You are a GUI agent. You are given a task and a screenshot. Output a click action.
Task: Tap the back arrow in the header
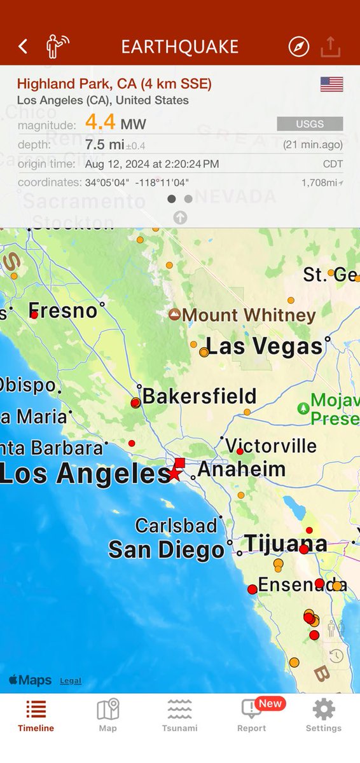coord(23,46)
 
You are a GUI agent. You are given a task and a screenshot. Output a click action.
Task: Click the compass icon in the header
coord(298,46)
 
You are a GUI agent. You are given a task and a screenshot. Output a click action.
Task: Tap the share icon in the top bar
coord(331,46)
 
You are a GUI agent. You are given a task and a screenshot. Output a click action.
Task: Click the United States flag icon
coord(331,85)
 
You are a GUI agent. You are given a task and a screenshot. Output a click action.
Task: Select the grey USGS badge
coord(310,123)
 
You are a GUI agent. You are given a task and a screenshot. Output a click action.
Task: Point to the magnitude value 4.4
coord(100,122)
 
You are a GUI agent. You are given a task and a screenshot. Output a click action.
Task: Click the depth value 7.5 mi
coord(104,144)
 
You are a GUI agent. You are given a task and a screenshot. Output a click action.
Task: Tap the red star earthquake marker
coord(174,473)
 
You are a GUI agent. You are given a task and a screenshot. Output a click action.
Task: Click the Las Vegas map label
coord(264,347)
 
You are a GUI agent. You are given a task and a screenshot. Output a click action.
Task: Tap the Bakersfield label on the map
coord(199,396)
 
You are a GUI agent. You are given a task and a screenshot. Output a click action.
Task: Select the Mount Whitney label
coord(249,315)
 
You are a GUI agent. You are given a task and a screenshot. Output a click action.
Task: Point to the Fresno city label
coord(63,311)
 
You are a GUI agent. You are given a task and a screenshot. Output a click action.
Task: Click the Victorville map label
coord(271,446)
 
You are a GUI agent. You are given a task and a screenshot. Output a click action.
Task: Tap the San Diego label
coord(166,550)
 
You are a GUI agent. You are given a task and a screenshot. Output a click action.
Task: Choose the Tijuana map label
coord(286,544)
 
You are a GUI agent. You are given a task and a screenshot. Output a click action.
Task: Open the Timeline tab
coord(36,716)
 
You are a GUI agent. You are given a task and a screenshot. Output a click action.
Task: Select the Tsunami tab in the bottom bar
coord(180,716)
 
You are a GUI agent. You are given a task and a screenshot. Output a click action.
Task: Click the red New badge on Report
coord(270,703)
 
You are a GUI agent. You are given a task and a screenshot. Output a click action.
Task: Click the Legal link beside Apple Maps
coord(71,680)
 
